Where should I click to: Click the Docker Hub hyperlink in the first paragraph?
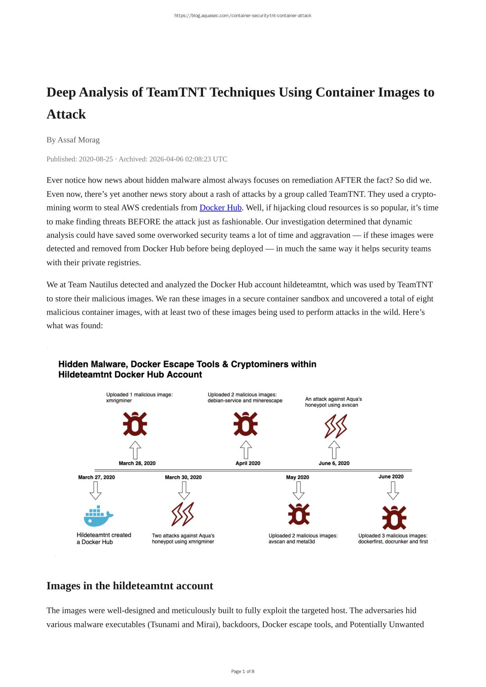220,208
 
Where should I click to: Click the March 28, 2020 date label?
137,463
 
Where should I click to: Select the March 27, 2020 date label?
96,477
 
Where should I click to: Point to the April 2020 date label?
248,463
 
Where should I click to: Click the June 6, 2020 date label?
334,463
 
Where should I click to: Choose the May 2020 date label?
297,477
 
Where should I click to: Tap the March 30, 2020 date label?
183,477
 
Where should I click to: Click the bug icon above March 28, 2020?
135,424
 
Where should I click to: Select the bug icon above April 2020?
245,424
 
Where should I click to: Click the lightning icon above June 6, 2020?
335,426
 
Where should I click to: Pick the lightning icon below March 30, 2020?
182,514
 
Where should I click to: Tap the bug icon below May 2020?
299,514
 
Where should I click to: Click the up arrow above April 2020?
246,450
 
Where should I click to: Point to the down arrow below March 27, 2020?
95,490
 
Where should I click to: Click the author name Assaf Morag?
78,140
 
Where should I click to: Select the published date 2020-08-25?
95,159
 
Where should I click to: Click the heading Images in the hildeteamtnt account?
130,586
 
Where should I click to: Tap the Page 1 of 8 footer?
243,671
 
